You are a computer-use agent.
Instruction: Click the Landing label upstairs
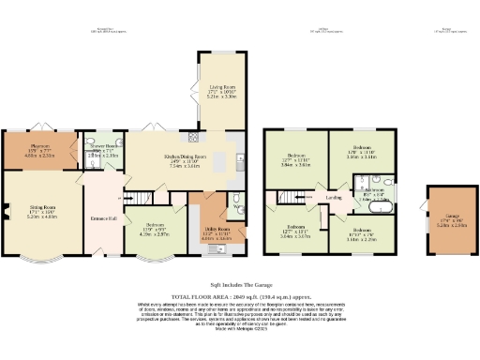[333, 198]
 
